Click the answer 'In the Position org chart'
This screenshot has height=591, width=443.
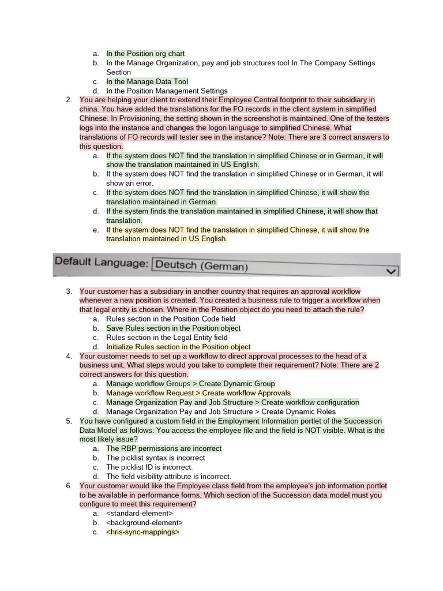point(145,54)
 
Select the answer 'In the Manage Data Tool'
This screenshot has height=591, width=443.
point(147,82)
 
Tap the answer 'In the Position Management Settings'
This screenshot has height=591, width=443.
point(167,91)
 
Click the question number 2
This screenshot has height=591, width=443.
point(69,100)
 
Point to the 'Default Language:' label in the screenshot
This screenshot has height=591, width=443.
point(101,263)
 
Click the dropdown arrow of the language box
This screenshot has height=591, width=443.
point(392,270)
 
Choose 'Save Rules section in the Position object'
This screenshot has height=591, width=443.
point(173,328)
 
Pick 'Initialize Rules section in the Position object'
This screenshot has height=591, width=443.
point(178,347)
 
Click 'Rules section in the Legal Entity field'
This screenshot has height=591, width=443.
point(167,338)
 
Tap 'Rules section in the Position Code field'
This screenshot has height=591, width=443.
point(170,319)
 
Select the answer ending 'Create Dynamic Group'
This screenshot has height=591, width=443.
point(190,384)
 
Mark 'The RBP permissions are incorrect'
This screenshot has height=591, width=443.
point(163,448)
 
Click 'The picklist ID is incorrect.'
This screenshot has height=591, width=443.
point(149,467)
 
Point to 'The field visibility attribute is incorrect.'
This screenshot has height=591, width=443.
point(168,477)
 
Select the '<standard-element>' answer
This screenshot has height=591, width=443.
point(139,514)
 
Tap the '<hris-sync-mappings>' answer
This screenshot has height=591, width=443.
point(142,532)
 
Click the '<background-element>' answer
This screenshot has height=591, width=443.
point(144,523)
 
